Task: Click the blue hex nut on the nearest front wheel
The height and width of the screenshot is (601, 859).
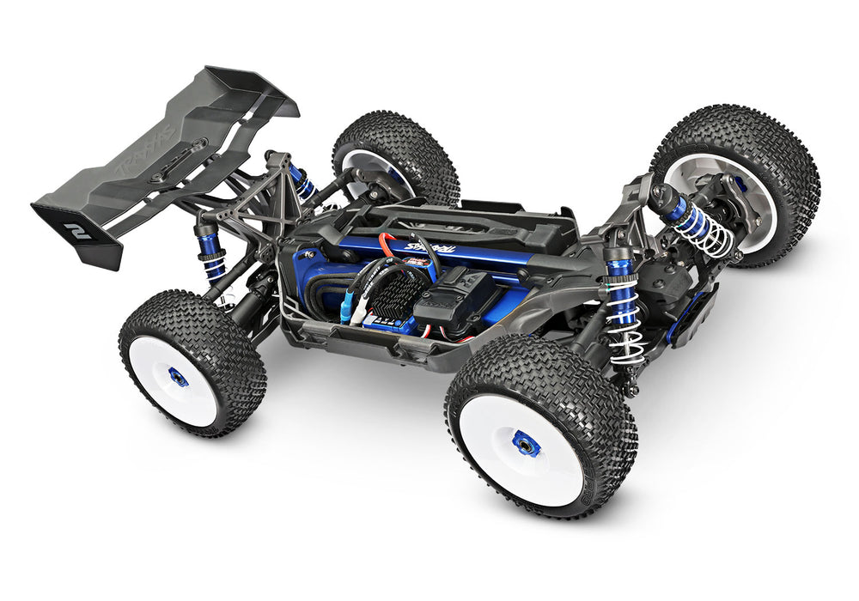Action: [x=524, y=444]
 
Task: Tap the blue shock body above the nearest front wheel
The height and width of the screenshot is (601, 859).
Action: [x=620, y=288]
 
